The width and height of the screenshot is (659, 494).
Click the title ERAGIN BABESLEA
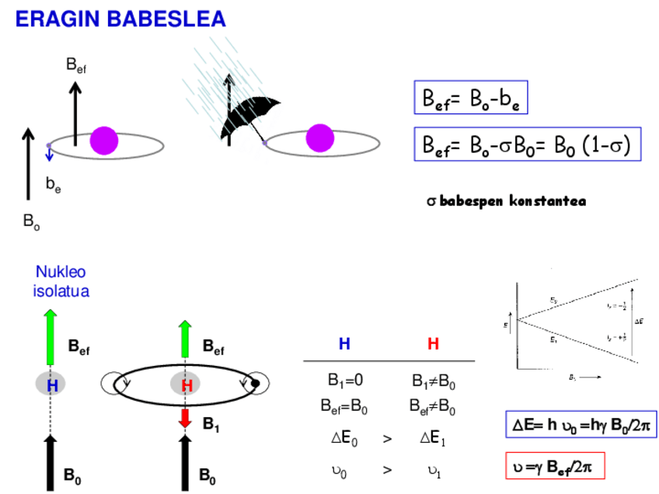point(120,19)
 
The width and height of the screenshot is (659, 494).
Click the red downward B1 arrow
point(185,418)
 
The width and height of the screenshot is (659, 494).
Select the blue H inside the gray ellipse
point(52,384)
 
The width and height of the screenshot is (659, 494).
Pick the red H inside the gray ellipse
point(186,384)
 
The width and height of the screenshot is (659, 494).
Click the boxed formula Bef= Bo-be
point(470,99)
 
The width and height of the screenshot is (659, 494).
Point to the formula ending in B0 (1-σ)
point(527,144)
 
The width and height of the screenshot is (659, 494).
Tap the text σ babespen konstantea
point(506,201)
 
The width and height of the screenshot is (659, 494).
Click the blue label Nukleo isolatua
point(62,282)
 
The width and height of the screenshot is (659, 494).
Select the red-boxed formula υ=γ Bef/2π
point(554,466)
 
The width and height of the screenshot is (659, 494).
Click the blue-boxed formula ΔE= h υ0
point(581,426)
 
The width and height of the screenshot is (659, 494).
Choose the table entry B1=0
point(343,381)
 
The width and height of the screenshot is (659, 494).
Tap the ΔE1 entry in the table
point(431,439)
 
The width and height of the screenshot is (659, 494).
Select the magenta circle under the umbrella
point(319,137)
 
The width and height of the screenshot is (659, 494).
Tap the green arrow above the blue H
point(51,337)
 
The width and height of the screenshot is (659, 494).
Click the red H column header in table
point(433,344)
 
